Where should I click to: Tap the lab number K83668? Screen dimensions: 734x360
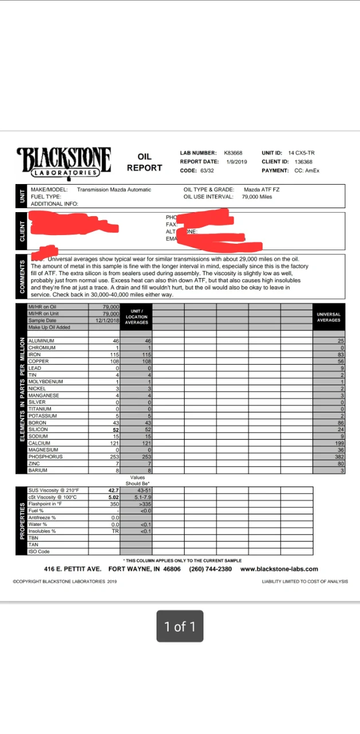[x=233, y=153]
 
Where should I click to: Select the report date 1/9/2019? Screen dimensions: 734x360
[x=236, y=162]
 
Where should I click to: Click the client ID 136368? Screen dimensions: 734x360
[x=296, y=162]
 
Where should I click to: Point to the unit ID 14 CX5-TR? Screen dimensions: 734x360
[x=301, y=153]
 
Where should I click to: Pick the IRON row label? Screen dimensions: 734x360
[x=34, y=354]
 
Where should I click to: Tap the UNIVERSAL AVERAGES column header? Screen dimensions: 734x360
[x=328, y=317]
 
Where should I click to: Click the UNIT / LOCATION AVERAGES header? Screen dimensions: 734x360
[x=136, y=317]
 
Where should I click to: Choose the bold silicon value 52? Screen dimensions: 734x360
[x=115, y=430]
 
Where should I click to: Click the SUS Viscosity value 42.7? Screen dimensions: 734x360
[x=113, y=490]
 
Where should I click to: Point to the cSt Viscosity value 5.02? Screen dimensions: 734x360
[x=113, y=497]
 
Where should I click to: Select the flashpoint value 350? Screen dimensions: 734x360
[x=114, y=503]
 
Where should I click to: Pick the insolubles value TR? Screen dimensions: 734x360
[x=115, y=531]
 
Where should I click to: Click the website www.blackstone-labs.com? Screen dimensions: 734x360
[x=279, y=569]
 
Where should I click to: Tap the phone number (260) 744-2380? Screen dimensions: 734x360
[x=210, y=569]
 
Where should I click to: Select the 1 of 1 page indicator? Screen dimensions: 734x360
[x=180, y=626]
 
